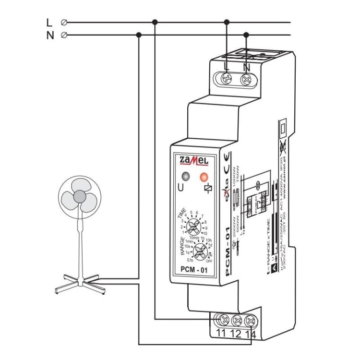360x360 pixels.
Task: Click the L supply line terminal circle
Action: point(64,22)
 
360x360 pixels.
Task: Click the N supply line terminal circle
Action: point(64,35)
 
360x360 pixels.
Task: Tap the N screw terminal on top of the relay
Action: point(247,77)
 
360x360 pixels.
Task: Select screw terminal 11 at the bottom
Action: point(224,320)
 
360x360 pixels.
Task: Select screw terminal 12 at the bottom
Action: point(237,320)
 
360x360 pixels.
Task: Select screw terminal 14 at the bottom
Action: point(250,320)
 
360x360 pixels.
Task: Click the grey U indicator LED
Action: point(185,176)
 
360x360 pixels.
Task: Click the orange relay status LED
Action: point(204,176)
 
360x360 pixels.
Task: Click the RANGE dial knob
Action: point(195,250)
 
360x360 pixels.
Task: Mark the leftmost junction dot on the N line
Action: point(139,35)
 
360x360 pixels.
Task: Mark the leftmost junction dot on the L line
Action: point(154,22)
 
